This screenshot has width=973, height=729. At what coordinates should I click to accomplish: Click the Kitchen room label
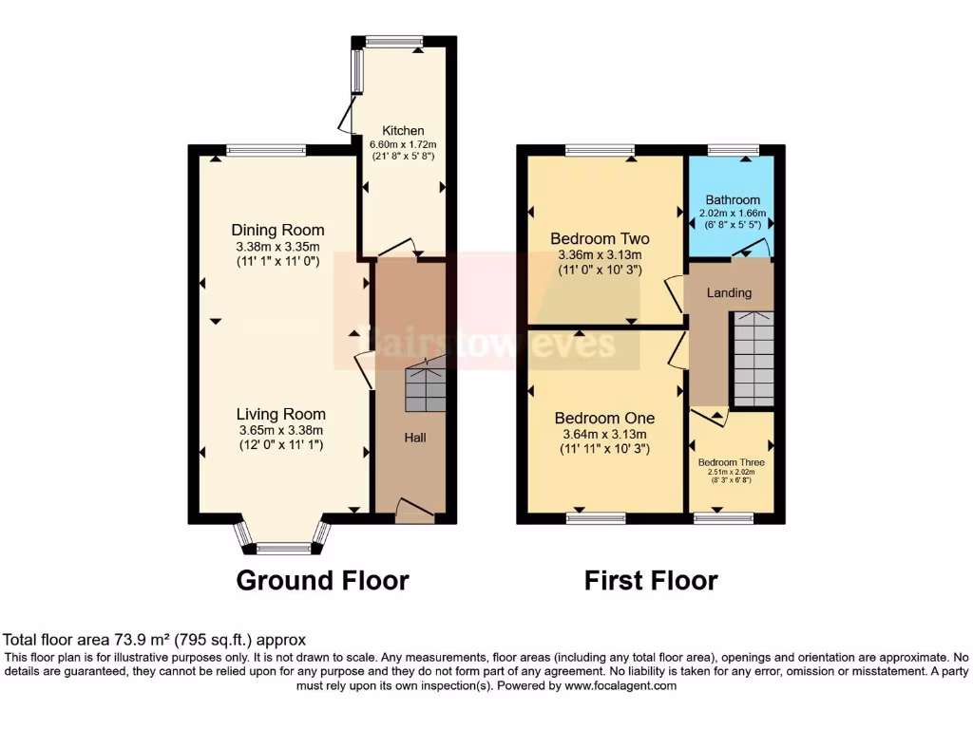tap(403, 131)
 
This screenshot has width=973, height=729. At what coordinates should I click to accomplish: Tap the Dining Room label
tap(278, 230)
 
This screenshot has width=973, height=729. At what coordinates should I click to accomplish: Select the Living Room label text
tap(280, 414)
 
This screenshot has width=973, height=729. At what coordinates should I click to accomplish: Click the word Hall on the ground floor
tap(415, 438)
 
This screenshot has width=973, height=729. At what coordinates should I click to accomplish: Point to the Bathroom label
tap(732, 200)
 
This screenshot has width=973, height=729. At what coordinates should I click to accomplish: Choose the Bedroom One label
tap(604, 418)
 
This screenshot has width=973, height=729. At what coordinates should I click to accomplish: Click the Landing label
tap(729, 292)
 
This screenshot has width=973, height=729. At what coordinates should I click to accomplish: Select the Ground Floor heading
tap(322, 580)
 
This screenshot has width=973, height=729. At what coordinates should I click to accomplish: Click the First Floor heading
tap(651, 580)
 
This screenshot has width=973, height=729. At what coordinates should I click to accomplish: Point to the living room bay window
tap(283, 546)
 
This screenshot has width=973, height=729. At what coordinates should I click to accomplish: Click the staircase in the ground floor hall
tap(425, 387)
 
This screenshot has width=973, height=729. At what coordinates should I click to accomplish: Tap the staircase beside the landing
tap(753, 358)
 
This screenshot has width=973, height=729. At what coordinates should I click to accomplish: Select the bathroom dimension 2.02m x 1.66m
tap(732, 214)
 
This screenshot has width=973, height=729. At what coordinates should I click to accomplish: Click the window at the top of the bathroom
tap(734, 149)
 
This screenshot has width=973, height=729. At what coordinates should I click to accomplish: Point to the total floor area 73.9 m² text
tap(155, 641)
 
